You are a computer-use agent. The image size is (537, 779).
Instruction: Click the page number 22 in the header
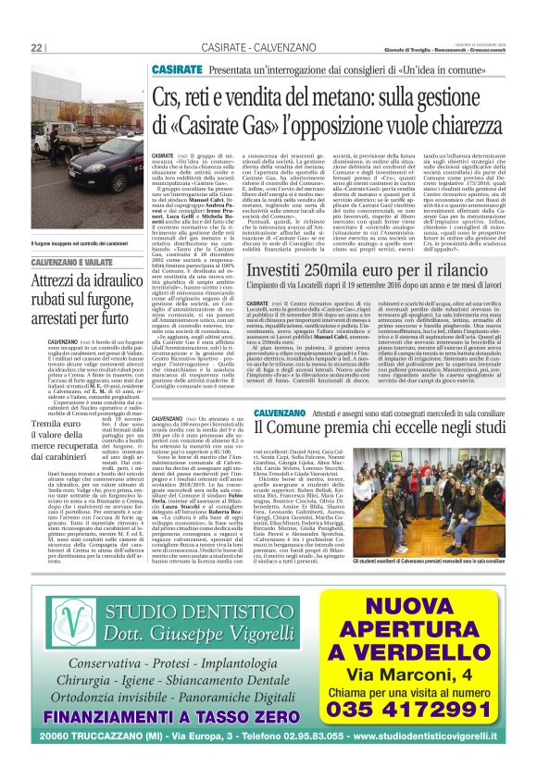point(37,48)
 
